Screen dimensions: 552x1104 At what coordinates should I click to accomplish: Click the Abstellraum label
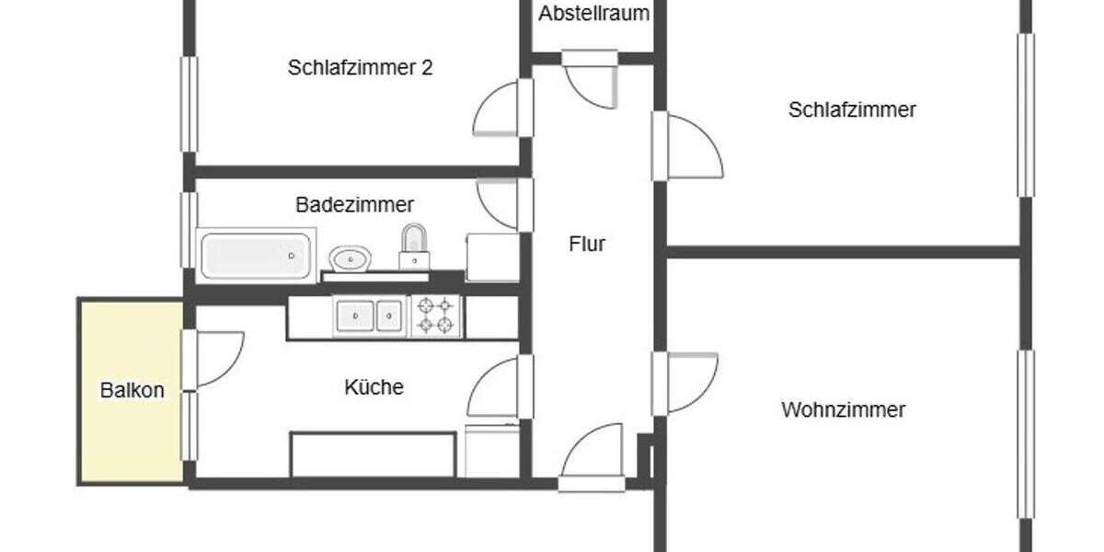(x=594, y=14)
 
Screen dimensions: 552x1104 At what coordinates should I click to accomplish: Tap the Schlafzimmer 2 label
(x=360, y=68)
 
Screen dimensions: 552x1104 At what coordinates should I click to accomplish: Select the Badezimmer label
(x=354, y=204)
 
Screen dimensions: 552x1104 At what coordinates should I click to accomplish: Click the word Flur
(x=587, y=245)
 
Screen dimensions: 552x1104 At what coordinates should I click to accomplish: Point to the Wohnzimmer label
(x=843, y=409)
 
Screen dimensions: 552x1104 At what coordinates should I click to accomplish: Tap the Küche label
(x=374, y=387)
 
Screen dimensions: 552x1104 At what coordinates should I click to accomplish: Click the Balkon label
(x=132, y=390)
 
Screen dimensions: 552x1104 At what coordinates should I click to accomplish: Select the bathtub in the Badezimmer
(x=257, y=256)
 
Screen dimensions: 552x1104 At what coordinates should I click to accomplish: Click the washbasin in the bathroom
(x=350, y=259)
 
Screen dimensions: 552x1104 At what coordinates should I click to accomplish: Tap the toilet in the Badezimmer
(x=413, y=247)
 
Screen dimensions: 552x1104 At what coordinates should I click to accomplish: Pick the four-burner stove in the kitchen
(x=436, y=316)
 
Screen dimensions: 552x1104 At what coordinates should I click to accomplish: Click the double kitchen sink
(x=369, y=316)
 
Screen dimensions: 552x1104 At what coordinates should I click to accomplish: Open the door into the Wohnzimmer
(x=688, y=382)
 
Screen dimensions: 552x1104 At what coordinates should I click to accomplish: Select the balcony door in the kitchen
(x=215, y=358)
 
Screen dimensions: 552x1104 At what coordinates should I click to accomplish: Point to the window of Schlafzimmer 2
(x=190, y=103)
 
